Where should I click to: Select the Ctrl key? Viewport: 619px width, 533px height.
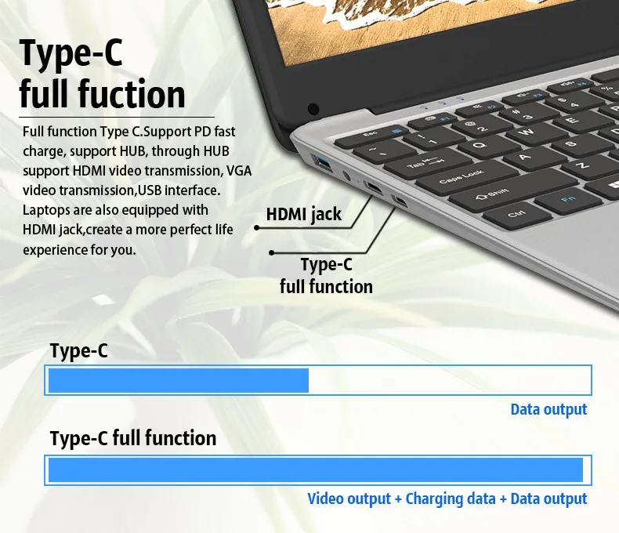point(516,213)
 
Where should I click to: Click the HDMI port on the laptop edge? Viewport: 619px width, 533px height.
point(374,189)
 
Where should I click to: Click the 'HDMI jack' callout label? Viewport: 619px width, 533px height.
point(304,214)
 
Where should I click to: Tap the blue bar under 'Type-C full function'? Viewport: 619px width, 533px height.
point(316,470)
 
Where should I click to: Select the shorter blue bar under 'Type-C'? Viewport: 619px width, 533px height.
point(179,380)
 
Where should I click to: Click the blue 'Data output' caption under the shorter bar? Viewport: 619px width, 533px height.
point(548,409)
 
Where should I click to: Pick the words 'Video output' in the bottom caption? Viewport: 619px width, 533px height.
point(349,499)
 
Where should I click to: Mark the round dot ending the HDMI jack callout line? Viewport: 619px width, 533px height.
point(255,227)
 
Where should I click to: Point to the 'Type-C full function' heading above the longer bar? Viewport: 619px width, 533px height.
point(133,437)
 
